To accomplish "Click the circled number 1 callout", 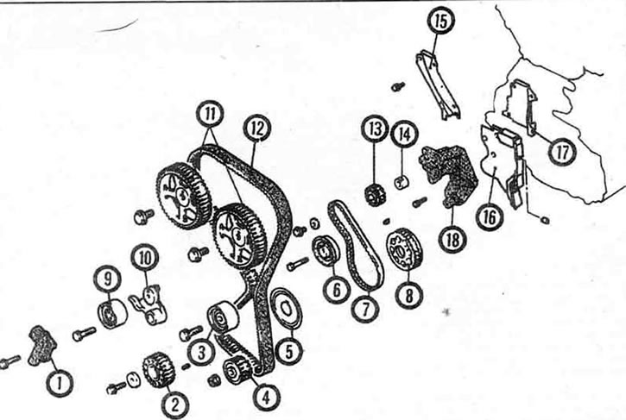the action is coord(59,383).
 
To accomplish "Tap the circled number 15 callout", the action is coord(440,21).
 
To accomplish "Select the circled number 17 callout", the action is coord(562,152).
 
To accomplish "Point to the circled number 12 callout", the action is coord(257,129).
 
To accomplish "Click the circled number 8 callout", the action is coord(408,296).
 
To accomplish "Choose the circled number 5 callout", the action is coord(288,351).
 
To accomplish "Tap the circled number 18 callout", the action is coord(453,239).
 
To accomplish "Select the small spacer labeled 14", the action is coord(402,182).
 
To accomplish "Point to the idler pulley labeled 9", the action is coord(112,313).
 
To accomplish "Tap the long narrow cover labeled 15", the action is coord(438,85).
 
